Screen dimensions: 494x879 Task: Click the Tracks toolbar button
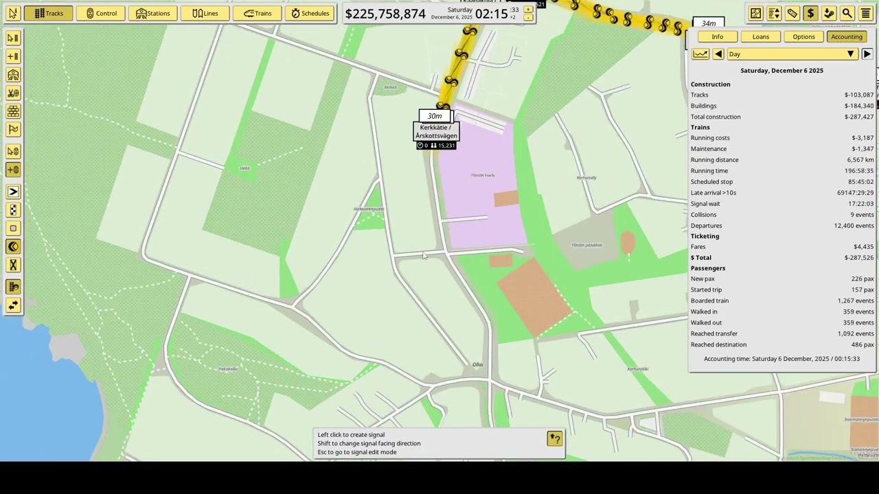click(49, 13)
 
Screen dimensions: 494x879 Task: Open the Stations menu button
click(152, 13)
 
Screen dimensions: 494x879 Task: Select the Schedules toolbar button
click(310, 13)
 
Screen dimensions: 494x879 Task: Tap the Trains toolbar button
click(258, 13)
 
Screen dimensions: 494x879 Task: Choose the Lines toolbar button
click(205, 13)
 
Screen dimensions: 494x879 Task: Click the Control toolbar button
click(100, 13)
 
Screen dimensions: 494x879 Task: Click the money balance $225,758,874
click(385, 14)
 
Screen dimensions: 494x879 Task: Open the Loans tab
click(760, 37)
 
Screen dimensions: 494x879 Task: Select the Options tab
click(803, 37)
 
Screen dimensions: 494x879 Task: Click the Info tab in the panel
click(717, 37)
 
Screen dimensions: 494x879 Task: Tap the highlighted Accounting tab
click(846, 37)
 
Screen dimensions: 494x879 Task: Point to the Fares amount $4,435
click(863, 247)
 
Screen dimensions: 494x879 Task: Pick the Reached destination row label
click(718, 344)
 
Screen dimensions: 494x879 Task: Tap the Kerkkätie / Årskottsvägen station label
click(435, 132)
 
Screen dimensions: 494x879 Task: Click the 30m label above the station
click(435, 116)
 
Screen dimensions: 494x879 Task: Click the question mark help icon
click(554, 438)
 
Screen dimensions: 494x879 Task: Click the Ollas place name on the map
click(477, 364)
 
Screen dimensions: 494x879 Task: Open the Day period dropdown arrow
click(850, 54)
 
